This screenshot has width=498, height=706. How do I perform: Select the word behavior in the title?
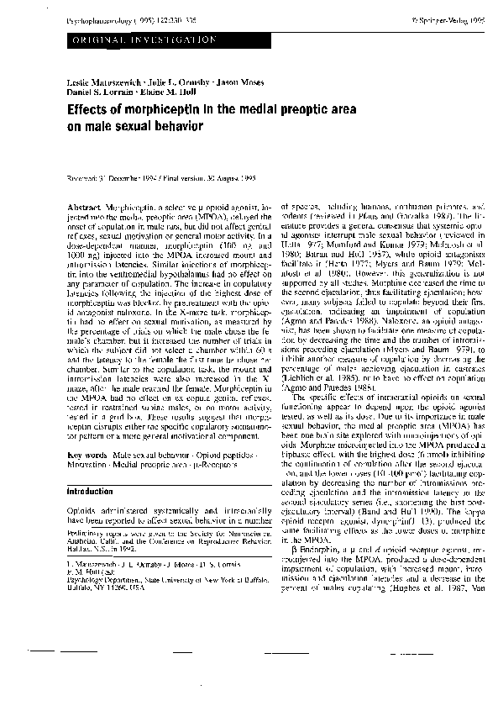(177, 129)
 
